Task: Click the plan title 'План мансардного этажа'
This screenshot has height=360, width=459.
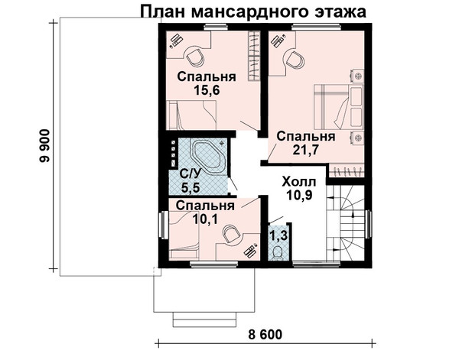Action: point(253,12)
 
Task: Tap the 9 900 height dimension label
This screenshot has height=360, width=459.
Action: point(46,146)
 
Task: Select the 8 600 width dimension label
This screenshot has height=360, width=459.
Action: point(265,335)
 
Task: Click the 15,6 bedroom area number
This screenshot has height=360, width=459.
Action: point(207,90)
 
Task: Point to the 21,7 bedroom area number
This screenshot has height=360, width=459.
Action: point(306,150)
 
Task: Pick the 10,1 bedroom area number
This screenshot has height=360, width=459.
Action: point(206,219)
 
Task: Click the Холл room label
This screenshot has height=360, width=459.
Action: point(299,182)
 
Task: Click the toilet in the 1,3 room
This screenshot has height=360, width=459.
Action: point(277,252)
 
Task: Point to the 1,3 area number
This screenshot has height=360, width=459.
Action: point(278,235)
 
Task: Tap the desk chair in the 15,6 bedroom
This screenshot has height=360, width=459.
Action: point(194,57)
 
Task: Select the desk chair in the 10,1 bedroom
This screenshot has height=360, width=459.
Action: point(231,234)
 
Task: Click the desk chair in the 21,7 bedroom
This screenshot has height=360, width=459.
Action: point(295,60)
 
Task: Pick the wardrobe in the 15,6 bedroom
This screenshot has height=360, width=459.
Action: point(254,56)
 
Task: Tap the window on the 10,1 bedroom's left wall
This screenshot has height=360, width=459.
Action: point(162,225)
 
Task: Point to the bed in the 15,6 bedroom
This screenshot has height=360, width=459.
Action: point(191,115)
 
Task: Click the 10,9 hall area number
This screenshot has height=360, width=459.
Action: point(299,195)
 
